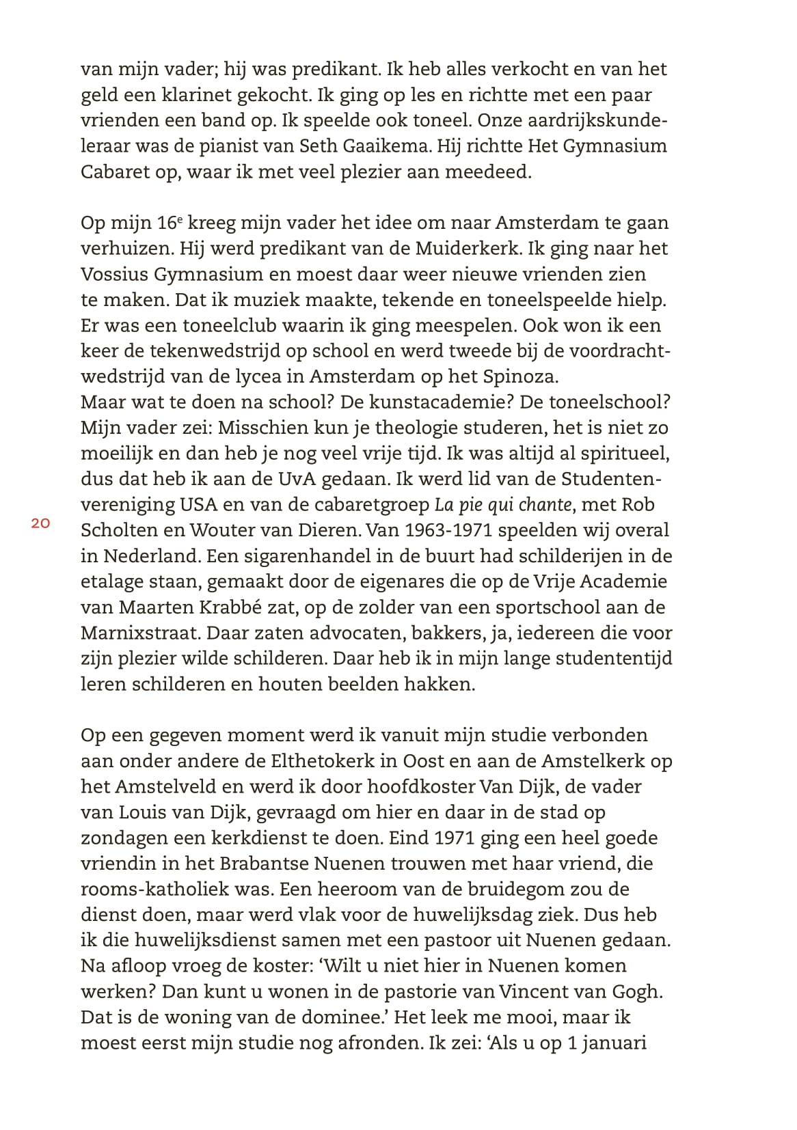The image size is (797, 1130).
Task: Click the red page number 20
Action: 40,524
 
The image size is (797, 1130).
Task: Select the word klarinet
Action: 200,95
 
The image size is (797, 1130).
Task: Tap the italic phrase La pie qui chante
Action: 503,505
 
